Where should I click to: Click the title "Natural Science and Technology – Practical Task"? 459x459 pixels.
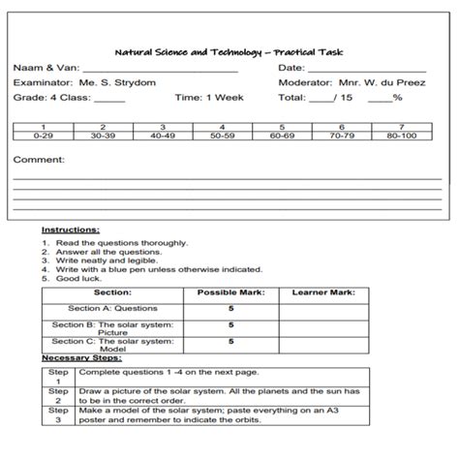click(x=229, y=52)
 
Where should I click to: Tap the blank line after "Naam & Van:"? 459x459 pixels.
click(x=160, y=70)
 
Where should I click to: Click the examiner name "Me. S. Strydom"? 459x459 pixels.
click(x=116, y=83)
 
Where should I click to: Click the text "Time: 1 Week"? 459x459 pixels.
click(x=209, y=98)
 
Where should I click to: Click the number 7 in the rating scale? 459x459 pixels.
click(x=401, y=128)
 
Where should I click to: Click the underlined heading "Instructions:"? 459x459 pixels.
click(x=71, y=230)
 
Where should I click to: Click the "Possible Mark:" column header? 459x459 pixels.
click(x=229, y=291)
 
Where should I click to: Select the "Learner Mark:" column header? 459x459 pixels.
click(x=323, y=291)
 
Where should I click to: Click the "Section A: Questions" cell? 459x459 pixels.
click(x=112, y=308)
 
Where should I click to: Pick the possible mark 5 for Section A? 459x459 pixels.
click(x=230, y=308)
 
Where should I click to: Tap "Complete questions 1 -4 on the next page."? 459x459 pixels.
click(x=155, y=372)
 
